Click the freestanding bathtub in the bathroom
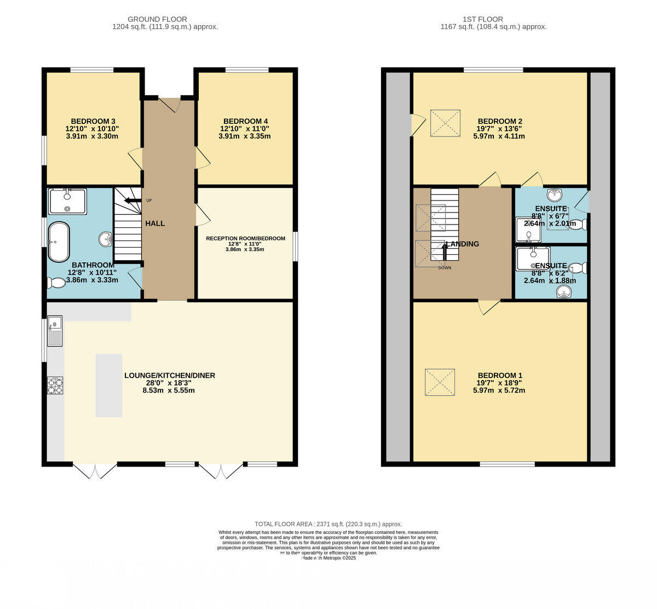pyautogui.click(x=59, y=242)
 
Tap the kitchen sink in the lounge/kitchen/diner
pyautogui.click(x=55, y=331)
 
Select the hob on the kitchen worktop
pyautogui.click(x=55, y=386)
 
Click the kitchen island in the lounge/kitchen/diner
pyautogui.click(x=109, y=386)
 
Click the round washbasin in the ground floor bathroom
pyautogui.click(x=106, y=239)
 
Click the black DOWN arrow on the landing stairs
pyautogui.click(x=444, y=253)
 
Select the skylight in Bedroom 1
pyautogui.click(x=440, y=382)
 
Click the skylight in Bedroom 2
pyautogui.click(x=445, y=123)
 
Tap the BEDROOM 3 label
pyautogui.click(x=93, y=121)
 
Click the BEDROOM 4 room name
pyautogui.click(x=245, y=121)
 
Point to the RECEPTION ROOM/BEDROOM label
pyautogui.click(x=245, y=238)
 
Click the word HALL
pyautogui.click(x=155, y=223)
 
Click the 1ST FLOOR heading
pyautogui.click(x=493, y=19)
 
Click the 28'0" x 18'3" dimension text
pyautogui.click(x=169, y=383)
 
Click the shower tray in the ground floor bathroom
pyautogui.click(x=67, y=201)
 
